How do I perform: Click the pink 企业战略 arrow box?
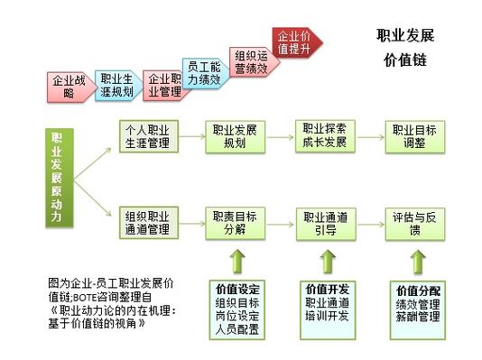pos(70,86)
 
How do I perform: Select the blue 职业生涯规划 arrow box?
pos(116,84)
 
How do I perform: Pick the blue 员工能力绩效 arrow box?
pos(204,72)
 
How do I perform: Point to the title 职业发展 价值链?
pos(405,49)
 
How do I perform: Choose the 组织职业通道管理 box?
pos(147,223)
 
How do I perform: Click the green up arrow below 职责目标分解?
pos(236,263)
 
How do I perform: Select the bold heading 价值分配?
pos(418,291)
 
